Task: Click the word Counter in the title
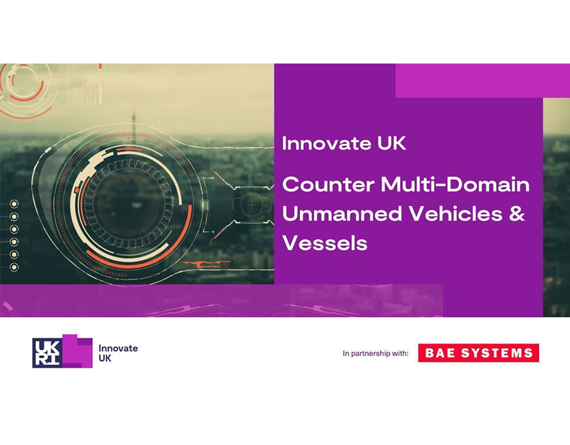point(328,185)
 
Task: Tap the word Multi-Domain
point(455,184)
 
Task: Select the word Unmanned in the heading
point(342,213)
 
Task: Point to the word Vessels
point(325,243)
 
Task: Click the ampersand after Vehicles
point(517,213)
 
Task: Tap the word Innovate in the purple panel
point(326,143)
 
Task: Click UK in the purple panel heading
point(392,143)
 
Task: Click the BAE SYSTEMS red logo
point(478,353)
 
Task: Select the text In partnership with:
point(375,353)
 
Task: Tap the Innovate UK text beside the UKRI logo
point(118,353)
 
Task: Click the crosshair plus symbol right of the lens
point(252,205)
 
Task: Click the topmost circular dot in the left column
point(14,204)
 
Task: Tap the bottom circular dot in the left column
point(14,268)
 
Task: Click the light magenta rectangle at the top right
point(482,80)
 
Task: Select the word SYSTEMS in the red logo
point(497,353)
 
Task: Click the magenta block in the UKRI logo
point(78,351)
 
